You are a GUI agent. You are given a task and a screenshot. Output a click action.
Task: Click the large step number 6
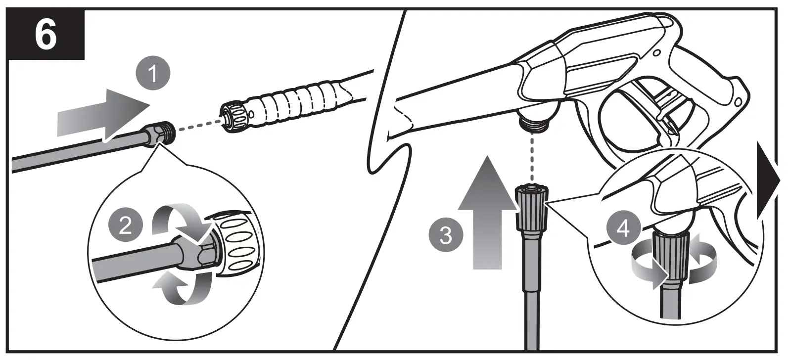(x=46, y=36)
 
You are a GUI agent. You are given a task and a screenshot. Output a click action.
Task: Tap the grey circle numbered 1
(x=153, y=74)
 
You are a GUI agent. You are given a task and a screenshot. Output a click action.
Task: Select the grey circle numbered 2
(x=125, y=226)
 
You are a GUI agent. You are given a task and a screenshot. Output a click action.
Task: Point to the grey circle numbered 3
(x=446, y=234)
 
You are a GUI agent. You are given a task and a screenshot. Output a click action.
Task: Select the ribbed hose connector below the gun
(x=531, y=206)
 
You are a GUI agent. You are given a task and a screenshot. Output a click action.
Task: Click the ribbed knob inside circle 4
(x=671, y=252)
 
